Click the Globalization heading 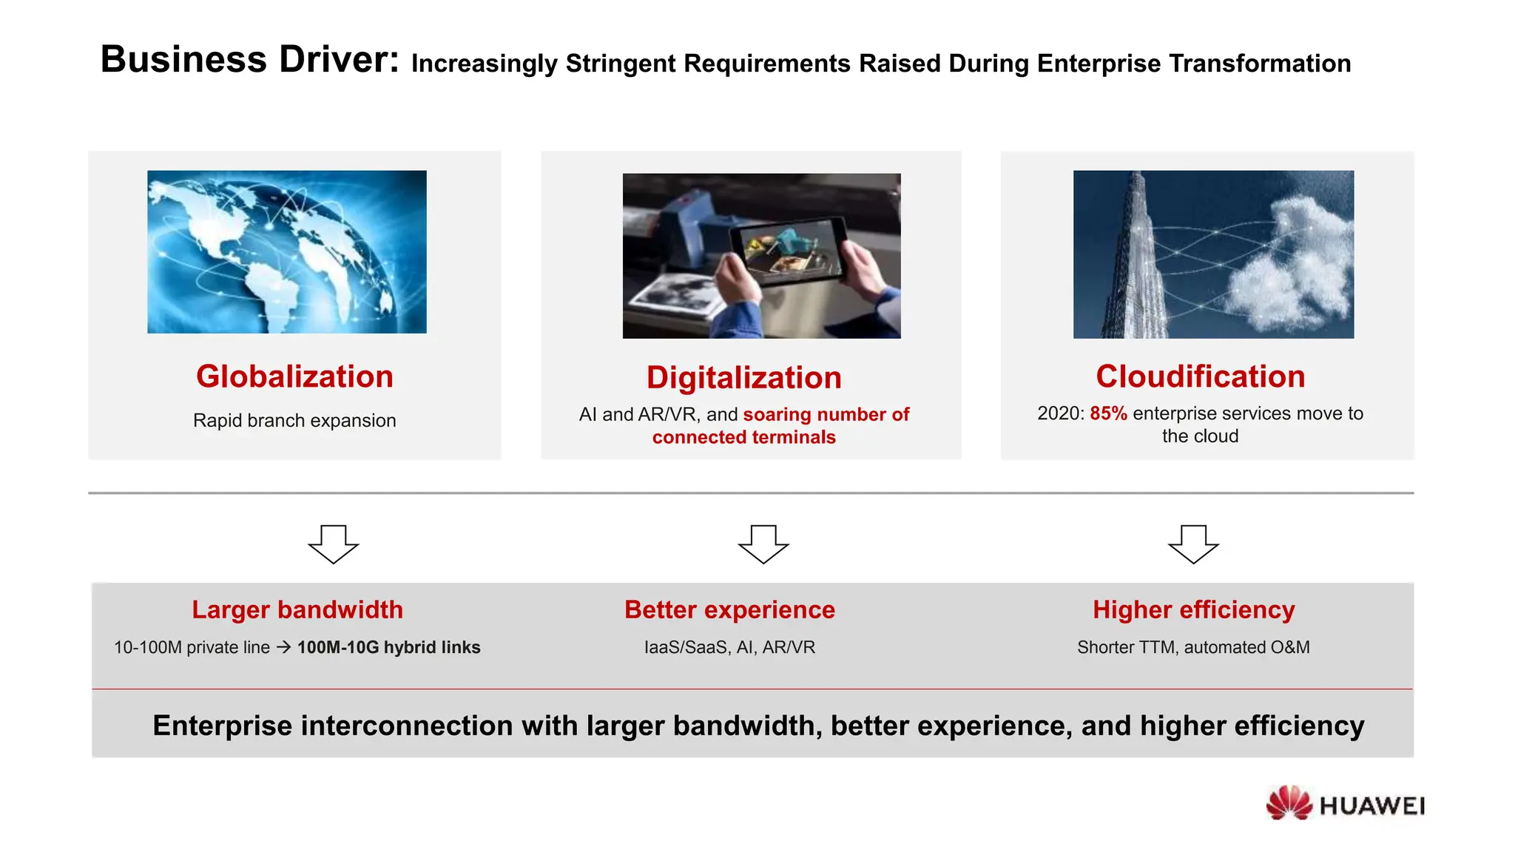[x=294, y=376]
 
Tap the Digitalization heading [x=743, y=378]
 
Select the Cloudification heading [x=1200, y=376]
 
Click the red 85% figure [x=1108, y=413]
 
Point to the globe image [x=287, y=251]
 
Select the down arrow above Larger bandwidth [x=334, y=544]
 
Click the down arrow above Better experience [x=763, y=544]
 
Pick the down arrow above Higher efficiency [x=1193, y=544]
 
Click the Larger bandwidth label [x=297, y=609]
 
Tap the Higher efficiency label [x=1193, y=609]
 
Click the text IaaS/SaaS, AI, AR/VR [x=729, y=647]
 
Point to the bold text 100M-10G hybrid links [x=388, y=647]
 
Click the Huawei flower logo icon [x=1289, y=803]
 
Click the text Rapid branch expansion [x=294, y=420]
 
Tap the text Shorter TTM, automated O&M [x=1193, y=647]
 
